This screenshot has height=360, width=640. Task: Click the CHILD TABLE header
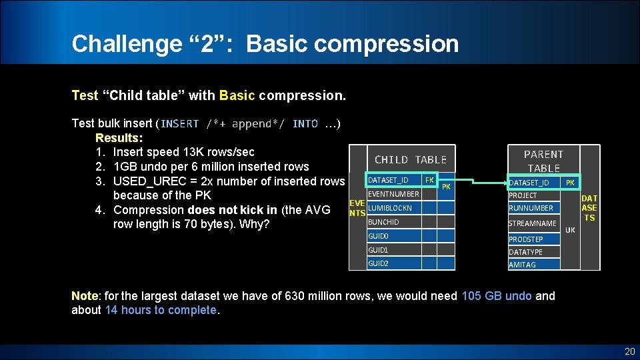410,159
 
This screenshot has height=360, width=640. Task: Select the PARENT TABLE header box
543,161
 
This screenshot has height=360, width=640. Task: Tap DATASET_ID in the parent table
529,183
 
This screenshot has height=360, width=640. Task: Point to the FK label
429,180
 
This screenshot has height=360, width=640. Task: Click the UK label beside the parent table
570,230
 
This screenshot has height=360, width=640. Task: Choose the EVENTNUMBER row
393,195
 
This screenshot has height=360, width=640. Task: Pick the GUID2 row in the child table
378,263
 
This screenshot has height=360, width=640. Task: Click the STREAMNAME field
532,223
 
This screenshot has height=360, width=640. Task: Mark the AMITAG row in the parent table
522,265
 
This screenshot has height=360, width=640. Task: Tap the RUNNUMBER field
531,208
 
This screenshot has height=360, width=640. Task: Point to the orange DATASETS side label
589,208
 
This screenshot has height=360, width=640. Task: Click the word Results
117,138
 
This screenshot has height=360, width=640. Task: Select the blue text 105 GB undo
496,296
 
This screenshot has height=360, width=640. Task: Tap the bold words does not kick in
237,210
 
